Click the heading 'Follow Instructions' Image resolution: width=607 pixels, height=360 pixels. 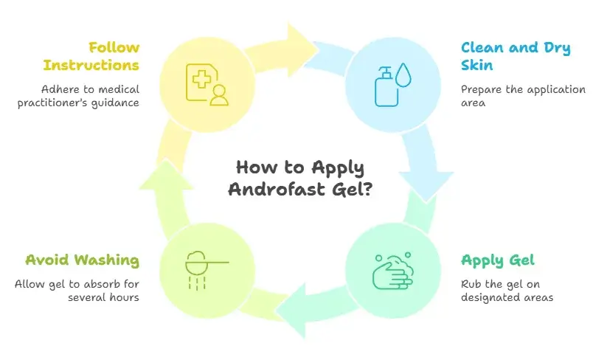91,56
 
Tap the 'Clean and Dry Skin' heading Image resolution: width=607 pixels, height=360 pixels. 516,56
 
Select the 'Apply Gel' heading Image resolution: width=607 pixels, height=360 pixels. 497,260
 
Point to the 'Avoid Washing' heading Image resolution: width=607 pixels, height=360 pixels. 82,260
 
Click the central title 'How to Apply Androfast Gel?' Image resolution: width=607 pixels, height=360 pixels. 300,178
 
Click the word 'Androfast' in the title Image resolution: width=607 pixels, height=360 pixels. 278,188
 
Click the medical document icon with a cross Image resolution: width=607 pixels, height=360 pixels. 202,80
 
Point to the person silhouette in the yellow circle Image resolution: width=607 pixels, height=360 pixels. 218,95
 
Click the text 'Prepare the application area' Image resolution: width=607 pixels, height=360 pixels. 523,96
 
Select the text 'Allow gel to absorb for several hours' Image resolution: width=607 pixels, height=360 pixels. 77,291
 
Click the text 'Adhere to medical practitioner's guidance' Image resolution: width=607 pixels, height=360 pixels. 90,96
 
